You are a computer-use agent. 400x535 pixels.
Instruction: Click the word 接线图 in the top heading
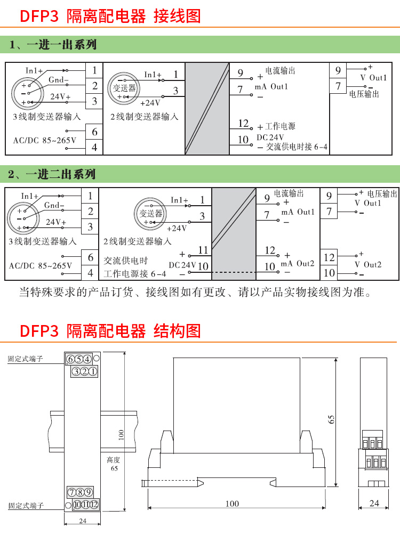tap(177, 16)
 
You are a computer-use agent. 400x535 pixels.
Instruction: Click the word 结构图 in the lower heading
tap(177, 331)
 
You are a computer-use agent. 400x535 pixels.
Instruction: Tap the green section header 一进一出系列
tap(61, 45)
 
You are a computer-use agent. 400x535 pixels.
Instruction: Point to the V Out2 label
tap(368, 265)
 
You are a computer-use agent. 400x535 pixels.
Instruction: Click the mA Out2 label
tap(297, 264)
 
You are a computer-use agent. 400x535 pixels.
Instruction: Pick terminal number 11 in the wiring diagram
tap(203, 250)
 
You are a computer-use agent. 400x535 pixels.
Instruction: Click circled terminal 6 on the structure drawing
tap(71, 359)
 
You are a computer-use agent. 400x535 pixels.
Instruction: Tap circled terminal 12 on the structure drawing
tap(94, 505)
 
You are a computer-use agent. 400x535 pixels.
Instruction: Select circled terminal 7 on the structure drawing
tap(72, 492)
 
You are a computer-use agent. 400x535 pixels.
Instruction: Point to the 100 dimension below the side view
tap(233, 504)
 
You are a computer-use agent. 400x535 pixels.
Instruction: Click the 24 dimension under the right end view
tap(374, 503)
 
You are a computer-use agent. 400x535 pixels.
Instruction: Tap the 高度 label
tap(114, 460)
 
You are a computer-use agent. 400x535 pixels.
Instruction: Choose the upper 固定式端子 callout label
tap(26, 359)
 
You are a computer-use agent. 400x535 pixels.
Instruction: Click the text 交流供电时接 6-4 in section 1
tap(297, 147)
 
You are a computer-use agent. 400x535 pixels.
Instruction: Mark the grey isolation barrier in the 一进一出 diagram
tap(207, 109)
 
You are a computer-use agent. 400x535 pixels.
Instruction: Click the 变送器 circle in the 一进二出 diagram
tap(150, 214)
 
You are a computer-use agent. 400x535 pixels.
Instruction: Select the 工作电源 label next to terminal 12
tap(280, 127)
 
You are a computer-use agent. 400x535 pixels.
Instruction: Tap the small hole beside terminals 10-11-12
tap(68, 505)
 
